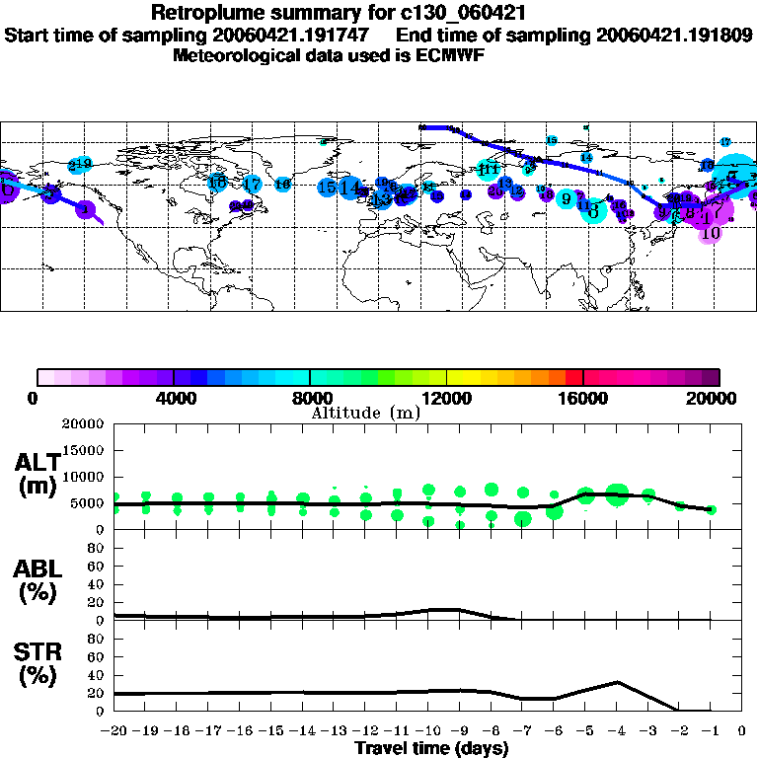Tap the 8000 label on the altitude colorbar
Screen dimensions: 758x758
[311, 399]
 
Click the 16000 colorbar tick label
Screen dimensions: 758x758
[583, 399]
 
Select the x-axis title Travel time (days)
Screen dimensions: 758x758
[431, 749]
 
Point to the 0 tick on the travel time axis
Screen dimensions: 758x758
[742, 731]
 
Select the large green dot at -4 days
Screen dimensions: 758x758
[617, 494]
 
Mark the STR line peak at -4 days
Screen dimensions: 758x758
[617, 681]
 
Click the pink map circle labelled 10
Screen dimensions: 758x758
[710, 234]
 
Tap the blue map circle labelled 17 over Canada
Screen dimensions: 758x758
[252, 184]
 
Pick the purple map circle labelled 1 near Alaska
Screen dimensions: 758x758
[86, 209]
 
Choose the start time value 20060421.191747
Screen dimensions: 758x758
[304, 35]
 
